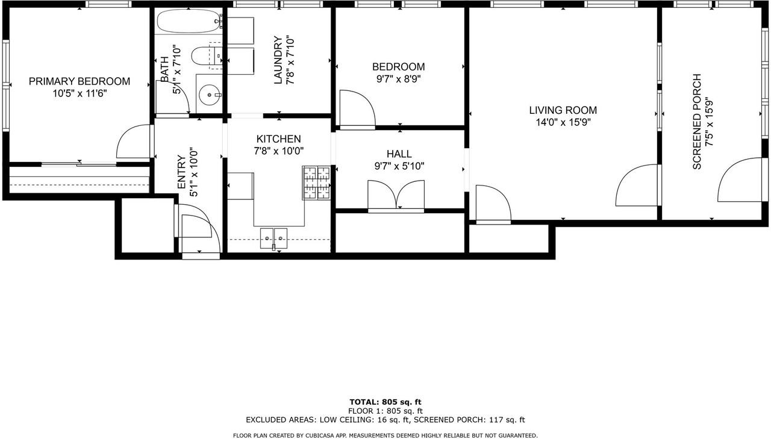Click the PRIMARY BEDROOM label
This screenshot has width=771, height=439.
(79, 81)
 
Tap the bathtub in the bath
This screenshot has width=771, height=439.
(189, 21)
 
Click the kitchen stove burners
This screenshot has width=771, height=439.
(316, 182)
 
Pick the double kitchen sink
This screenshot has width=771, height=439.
(273, 238)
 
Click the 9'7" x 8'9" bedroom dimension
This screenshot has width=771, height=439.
(399, 79)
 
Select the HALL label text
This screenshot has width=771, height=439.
(399, 154)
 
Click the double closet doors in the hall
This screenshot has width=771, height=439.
(396, 195)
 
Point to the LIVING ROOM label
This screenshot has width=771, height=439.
(563, 110)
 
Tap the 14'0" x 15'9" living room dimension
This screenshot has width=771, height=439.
(563, 122)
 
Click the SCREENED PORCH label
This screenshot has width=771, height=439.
(697, 122)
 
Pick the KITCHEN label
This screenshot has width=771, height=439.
(278, 139)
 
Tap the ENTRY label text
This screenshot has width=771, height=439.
(181, 172)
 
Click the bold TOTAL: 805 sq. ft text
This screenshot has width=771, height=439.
(385, 402)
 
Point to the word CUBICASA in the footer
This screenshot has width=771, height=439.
(317, 435)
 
